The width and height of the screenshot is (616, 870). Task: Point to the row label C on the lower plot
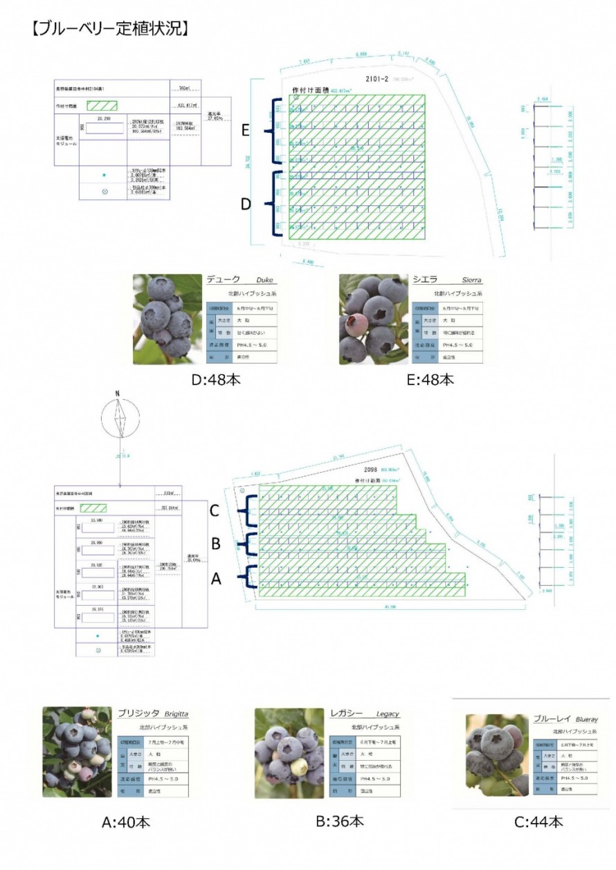click(x=215, y=511)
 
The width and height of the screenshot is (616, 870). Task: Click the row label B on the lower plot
click(x=215, y=544)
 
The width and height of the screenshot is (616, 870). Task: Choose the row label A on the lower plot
click(x=215, y=580)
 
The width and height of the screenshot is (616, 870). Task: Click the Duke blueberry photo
click(x=167, y=320)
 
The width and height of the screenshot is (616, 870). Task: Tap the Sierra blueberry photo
click(x=373, y=320)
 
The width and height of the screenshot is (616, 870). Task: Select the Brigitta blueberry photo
click(x=77, y=752)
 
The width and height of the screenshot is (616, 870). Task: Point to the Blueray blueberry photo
click(x=497, y=755)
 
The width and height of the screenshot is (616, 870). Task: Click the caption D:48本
click(x=217, y=380)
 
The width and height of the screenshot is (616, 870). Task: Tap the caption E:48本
click(x=431, y=380)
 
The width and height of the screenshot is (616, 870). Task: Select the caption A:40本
click(x=125, y=822)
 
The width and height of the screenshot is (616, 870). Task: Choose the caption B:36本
click(x=339, y=821)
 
